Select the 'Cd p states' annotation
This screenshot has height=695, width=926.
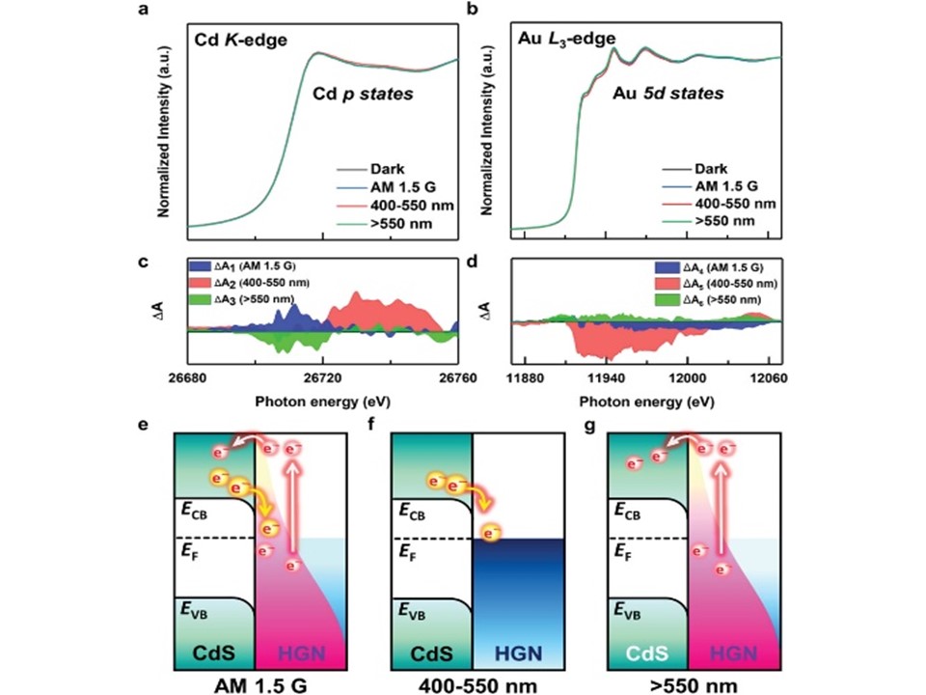pos(363,96)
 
